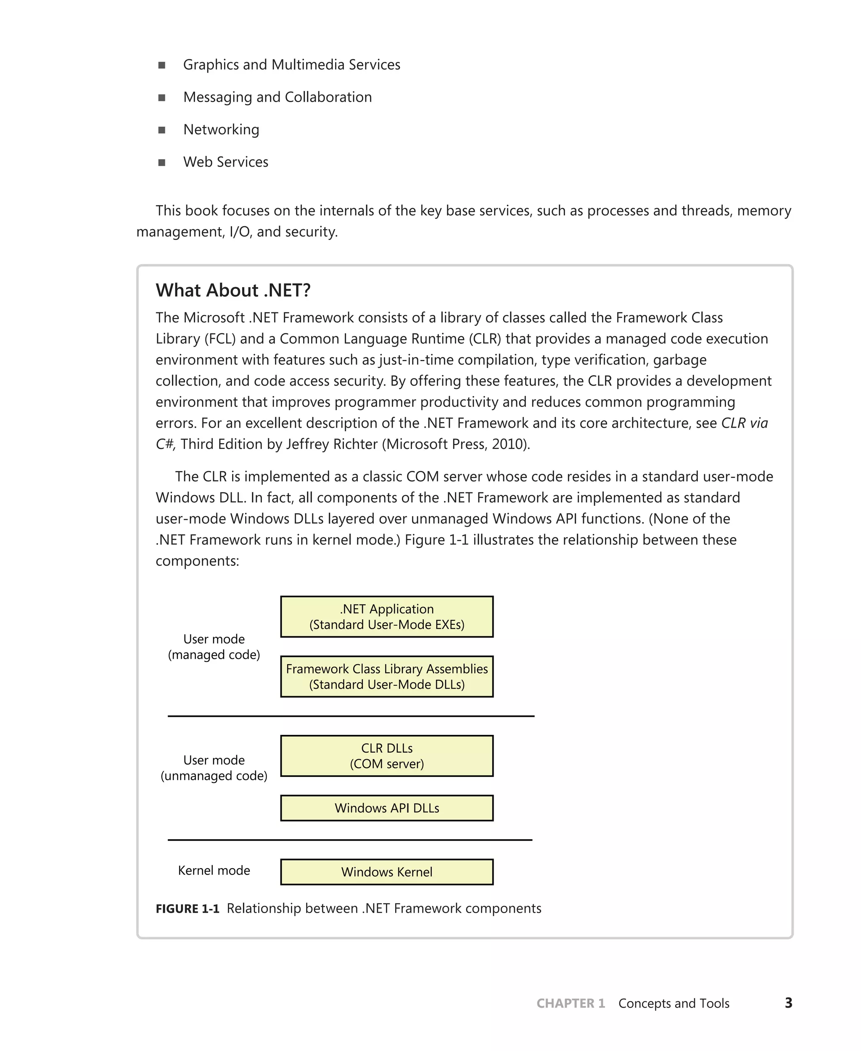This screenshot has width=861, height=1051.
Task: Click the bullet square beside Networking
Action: coord(162,130)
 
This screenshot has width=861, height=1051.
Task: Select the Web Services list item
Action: coord(226,162)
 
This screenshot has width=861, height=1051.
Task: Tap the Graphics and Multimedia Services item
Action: coord(292,65)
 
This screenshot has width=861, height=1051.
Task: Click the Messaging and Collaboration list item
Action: coord(277,97)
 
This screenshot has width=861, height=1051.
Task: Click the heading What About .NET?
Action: coord(233,290)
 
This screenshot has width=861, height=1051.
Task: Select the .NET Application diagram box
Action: coord(387,616)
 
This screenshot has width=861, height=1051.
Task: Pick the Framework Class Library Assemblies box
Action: coord(387,676)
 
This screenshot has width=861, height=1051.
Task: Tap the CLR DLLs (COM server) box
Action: coord(387,756)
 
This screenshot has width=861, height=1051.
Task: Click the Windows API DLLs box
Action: coord(387,808)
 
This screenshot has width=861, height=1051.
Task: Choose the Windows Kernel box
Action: coord(387,872)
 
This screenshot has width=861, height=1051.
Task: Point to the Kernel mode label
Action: coord(214,871)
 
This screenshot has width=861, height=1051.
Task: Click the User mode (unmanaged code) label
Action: coord(214,768)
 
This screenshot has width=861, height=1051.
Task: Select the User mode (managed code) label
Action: coord(214,647)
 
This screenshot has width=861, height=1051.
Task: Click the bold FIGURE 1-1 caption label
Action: coord(188,908)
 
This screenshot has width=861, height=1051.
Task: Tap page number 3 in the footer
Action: coord(788,1003)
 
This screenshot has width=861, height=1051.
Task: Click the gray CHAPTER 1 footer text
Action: coord(570,1003)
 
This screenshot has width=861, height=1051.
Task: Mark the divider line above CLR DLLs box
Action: coord(351,716)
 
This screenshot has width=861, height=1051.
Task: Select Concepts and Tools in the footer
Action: coord(673,1003)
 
